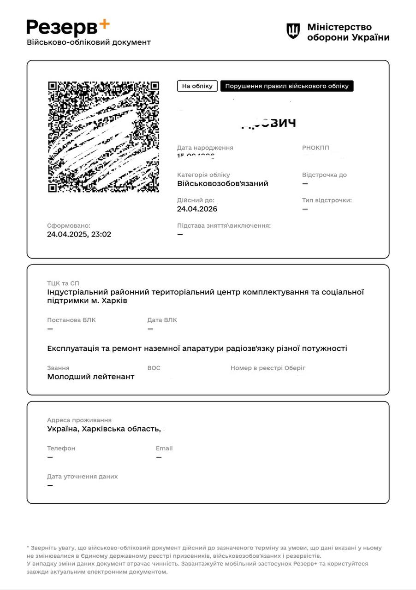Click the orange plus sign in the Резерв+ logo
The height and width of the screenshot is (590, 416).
(104, 24)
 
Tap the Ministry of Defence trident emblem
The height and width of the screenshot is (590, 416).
(293, 31)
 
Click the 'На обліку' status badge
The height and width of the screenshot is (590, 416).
(197, 86)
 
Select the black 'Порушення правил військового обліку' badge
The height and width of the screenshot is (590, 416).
(286, 86)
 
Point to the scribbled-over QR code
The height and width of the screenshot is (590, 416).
(103, 137)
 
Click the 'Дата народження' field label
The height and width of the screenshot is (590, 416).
(205, 148)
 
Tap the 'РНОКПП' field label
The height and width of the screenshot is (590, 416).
(315, 148)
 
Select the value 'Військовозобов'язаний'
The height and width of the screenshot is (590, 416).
(222, 183)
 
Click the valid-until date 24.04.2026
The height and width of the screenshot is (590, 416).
(197, 209)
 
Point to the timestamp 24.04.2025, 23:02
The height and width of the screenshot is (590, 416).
(79, 234)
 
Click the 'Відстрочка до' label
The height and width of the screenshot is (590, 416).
(324, 175)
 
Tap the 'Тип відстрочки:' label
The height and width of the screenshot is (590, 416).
(327, 200)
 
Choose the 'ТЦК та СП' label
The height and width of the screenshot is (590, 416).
(63, 283)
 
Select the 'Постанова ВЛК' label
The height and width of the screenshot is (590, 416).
(71, 320)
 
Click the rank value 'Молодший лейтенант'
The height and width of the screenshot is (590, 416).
(90, 377)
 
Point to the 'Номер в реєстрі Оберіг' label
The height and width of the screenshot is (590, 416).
(268, 368)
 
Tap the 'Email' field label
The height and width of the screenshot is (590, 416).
(164, 448)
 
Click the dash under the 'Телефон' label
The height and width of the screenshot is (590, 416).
(50, 457)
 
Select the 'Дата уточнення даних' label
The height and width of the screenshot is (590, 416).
(82, 476)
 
